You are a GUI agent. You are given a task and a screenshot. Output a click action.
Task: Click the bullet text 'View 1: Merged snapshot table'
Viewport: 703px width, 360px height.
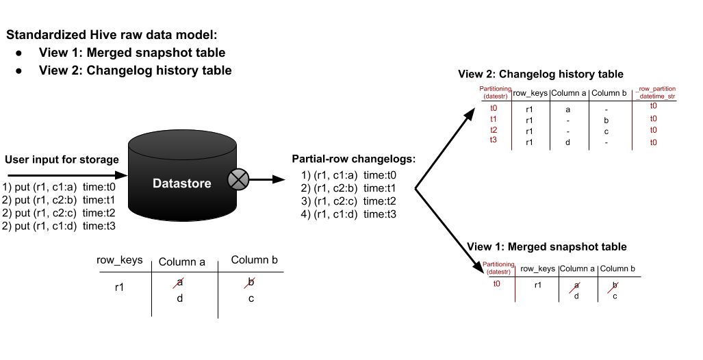pyautogui.click(x=132, y=53)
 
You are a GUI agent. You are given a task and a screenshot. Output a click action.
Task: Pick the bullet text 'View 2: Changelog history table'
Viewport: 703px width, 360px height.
pyautogui.click(x=136, y=70)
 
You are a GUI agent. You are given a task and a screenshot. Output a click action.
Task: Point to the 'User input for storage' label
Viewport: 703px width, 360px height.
pyautogui.click(x=62, y=160)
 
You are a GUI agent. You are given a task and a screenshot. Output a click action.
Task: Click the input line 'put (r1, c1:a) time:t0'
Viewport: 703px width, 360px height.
pyautogui.click(x=60, y=186)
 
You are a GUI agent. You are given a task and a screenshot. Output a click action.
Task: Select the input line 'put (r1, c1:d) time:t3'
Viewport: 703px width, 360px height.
pyautogui.click(x=60, y=227)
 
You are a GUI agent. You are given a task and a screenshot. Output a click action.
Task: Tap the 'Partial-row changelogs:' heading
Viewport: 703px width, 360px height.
pyautogui.click(x=353, y=160)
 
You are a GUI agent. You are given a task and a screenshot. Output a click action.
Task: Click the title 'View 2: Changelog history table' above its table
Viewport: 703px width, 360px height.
pyautogui.click(x=541, y=74)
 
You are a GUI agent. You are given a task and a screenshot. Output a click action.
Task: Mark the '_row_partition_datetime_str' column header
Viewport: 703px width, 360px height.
pyautogui.click(x=655, y=92)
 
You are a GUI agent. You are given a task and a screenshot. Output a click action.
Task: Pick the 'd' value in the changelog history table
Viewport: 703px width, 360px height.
pyautogui.click(x=567, y=142)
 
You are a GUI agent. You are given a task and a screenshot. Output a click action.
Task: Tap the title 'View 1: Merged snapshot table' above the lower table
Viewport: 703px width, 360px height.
pyautogui.click(x=547, y=246)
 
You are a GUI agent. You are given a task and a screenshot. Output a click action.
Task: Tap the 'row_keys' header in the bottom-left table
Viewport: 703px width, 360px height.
pyautogui.click(x=120, y=260)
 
